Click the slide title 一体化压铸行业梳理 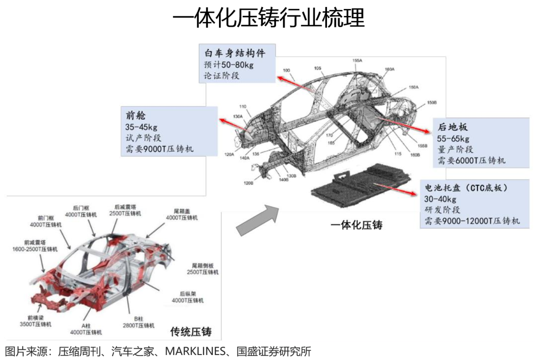268,18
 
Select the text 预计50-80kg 229,65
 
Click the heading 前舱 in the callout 136,115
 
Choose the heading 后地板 452,127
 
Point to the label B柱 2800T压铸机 139,322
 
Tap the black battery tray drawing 362,186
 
